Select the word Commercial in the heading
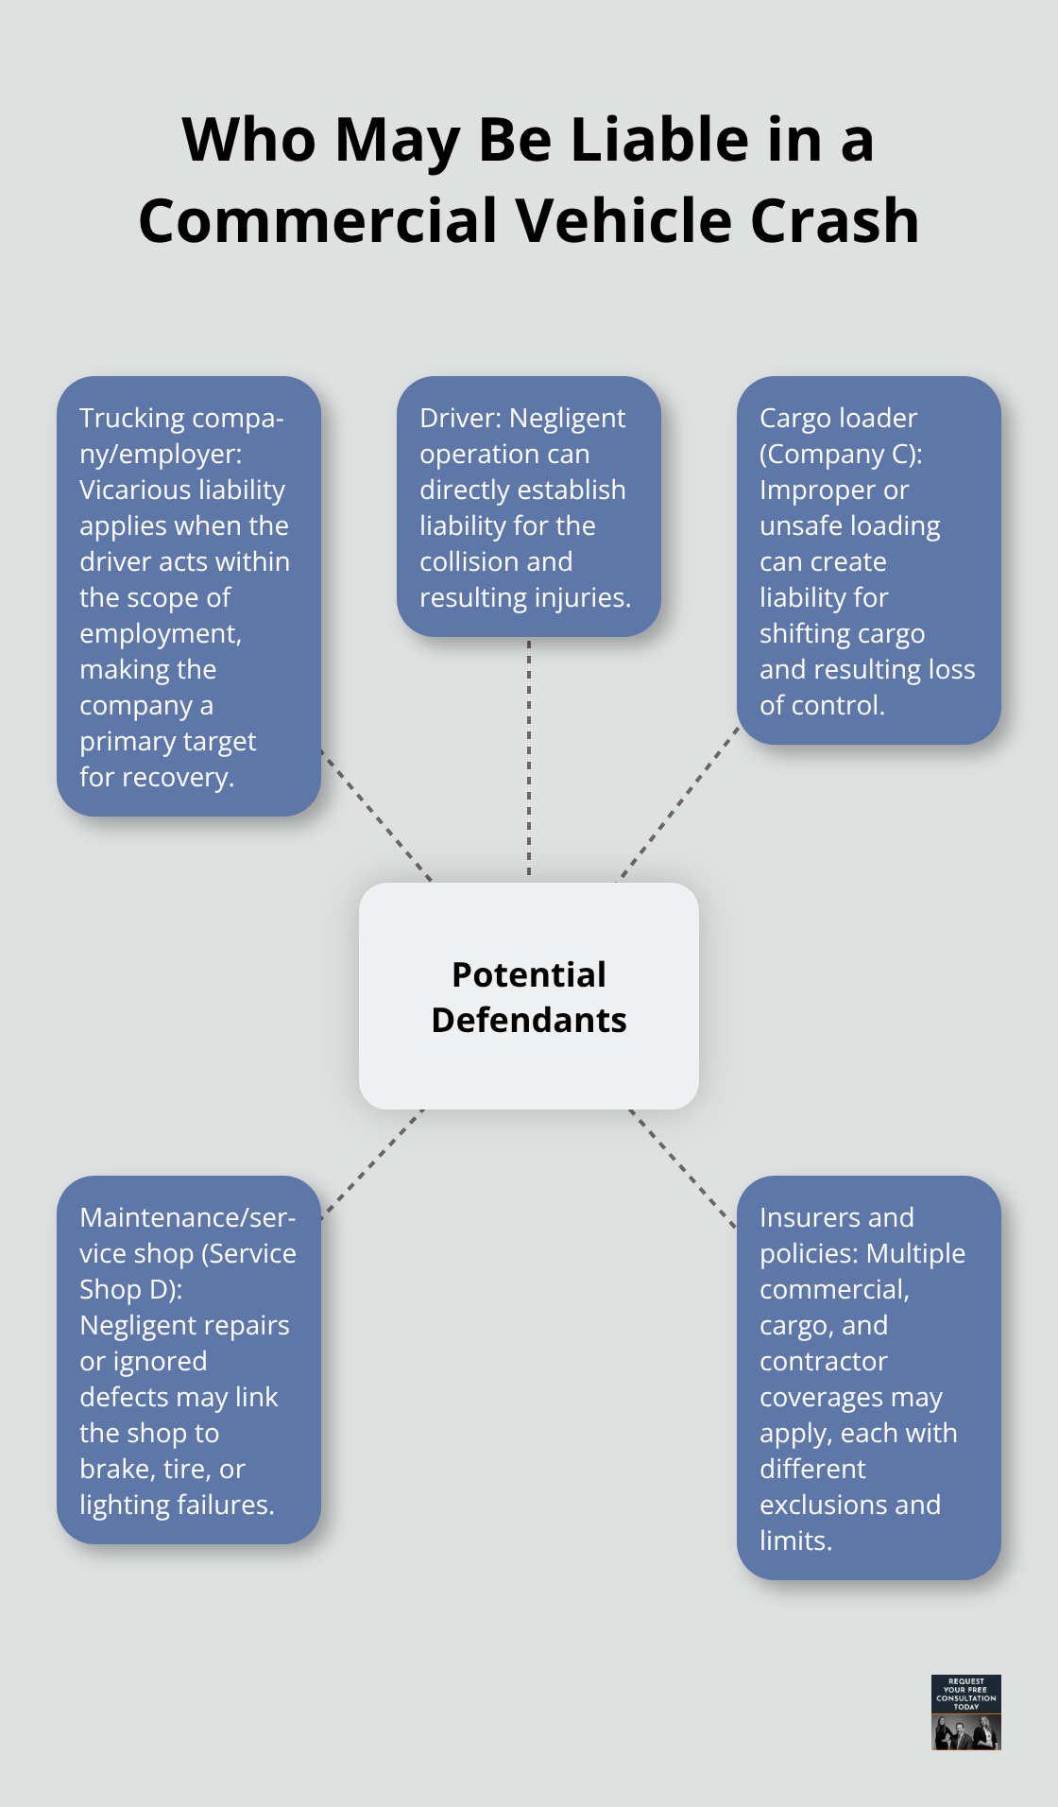pyautogui.click(x=318, y=221)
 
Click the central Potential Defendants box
pyautogui.click(x=529, y=996)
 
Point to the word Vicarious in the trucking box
pyautogui.click(x=135, y=490)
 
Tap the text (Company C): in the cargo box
pyautogui.click(x=841, y=454)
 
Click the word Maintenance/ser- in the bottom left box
pyautogui.click(x=187, y=1217)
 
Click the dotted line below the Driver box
pyautogui.click(x=529, y=756)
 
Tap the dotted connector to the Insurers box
pyautogui.click(x=682, y=1168)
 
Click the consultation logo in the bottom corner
pyautogui.click(x=965, y=1712)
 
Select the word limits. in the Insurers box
pyautogui.click(x=795, y=1540)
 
